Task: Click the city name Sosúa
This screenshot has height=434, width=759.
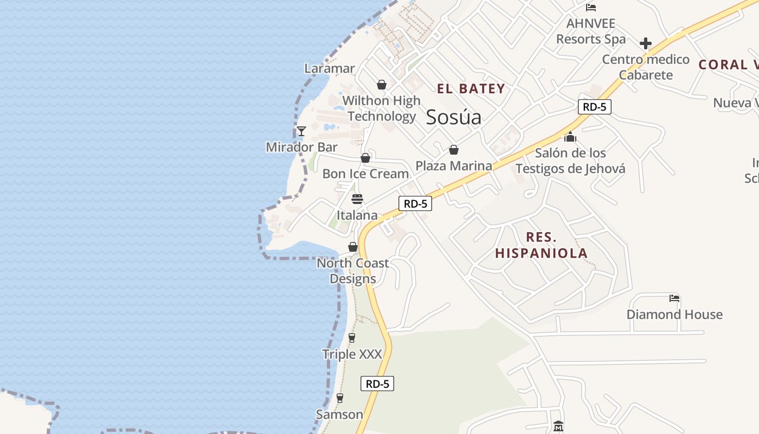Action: coord(453,117)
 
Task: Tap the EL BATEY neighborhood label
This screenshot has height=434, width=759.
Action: coord(471,89)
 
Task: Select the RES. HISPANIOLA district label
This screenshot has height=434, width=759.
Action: coord(541,245)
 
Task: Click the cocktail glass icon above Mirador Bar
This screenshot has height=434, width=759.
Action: coord(301,131)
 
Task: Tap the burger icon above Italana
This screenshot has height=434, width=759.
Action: coord(357,199)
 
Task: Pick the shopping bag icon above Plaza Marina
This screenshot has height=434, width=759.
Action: coord(454,150)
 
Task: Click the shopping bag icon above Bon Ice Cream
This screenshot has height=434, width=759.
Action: coord(365,158)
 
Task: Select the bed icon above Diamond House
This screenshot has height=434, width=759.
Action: coord(674,298)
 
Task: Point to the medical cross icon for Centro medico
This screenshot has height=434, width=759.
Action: coord(645,43)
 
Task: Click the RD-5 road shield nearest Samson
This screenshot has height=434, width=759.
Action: coord(377,384)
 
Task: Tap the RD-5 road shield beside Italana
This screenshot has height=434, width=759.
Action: coord(415,204)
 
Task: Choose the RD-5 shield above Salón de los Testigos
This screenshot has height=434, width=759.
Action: coord(594,107)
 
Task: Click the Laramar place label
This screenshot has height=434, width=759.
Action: coord(330,68)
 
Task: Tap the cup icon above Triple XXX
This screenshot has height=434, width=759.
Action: coord(352,338)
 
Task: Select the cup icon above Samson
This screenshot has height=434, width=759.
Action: coord(340,398)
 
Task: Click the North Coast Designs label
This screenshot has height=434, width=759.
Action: coord(353,271)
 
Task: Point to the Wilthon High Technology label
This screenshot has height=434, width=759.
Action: coord(381,108)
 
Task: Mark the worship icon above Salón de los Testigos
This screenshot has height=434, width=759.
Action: coord(570,137)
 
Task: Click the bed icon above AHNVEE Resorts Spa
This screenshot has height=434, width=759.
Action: coord(591,8)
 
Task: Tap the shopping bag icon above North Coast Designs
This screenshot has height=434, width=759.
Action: coord(353,247)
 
